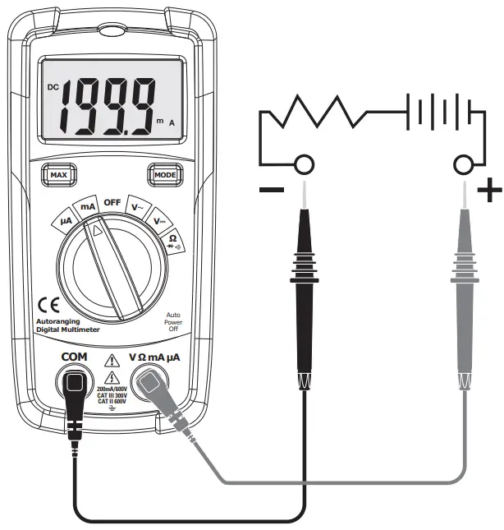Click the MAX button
pos(57,175)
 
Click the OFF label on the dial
pos(112,202)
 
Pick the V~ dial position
pos(140,207)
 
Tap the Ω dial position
pos(173,241)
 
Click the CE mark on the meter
pos(48,302)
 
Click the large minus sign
pos(271,191)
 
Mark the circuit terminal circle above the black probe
pos(305,166)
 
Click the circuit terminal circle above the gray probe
pos(465,166)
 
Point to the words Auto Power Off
pos(173,321)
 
